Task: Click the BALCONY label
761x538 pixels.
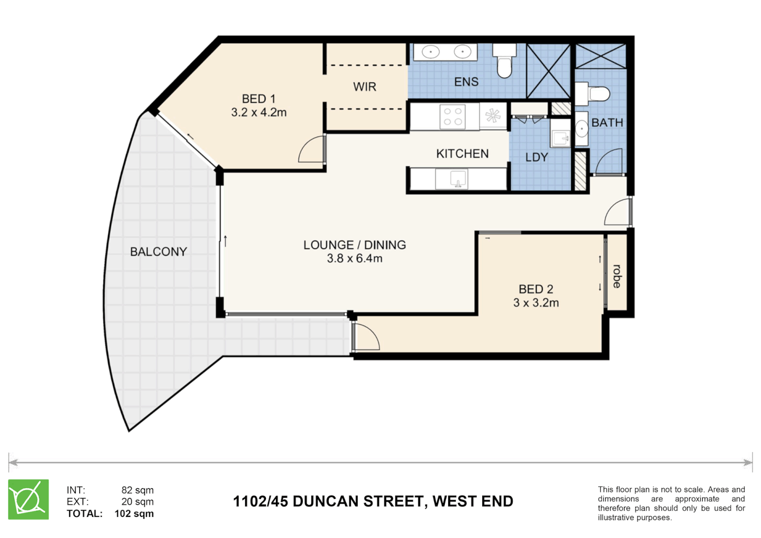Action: coord(158,252)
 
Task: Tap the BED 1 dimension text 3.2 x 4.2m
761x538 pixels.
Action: coord(258,113)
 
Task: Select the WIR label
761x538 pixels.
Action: coord(365,87)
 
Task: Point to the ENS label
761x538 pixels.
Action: coord(466,82)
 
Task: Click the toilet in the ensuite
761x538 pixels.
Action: coord(505,62)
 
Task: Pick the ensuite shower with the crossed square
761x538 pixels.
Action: coord(548,71)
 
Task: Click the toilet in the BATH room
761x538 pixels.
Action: coord(594,93)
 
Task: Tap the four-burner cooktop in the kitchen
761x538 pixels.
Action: coord(452,117)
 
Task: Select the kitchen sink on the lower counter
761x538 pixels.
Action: coord(458,178)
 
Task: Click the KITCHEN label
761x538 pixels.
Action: coord(462,154)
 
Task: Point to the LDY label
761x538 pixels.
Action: coord(536,157)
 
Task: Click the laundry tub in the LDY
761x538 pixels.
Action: coord(561,134)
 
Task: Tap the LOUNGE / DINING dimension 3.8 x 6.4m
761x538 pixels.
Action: coord(355,259)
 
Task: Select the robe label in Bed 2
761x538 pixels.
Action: coord(617,276)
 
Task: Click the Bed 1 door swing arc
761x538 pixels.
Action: coord(310,150)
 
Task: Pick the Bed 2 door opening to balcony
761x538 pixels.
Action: coord(366,336)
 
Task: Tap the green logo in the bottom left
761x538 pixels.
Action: coord(28,500)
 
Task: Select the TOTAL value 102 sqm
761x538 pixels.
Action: coord(134,514)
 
